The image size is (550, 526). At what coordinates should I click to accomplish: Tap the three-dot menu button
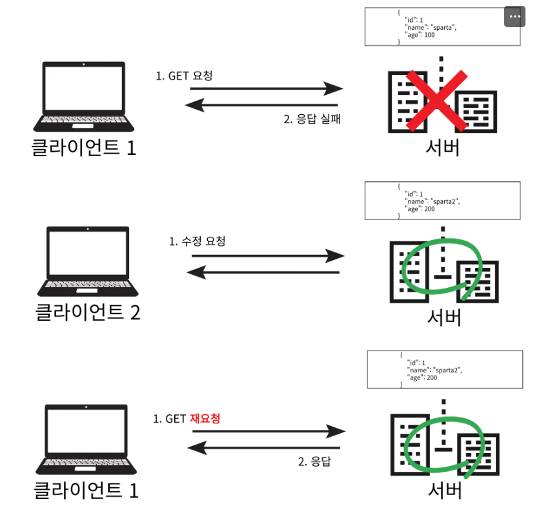pos(514,17)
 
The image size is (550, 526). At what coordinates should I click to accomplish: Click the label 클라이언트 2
pos(87,312)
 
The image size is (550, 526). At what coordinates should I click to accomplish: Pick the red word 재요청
pos(205,418)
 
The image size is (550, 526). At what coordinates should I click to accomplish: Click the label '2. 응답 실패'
pos(311,119)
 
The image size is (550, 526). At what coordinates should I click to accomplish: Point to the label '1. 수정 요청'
pos(198,241)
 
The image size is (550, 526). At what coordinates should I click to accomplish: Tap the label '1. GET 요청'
pos(184,76)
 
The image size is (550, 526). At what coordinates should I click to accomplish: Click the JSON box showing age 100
pos(442,26)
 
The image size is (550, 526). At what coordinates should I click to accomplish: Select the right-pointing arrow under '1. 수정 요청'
pos(268,256)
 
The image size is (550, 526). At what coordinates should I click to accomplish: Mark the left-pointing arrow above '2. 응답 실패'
pos(261,104)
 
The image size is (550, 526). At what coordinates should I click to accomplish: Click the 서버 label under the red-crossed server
pos(443,148)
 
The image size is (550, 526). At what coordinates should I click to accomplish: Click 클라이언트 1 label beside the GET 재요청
pos(86,491)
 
